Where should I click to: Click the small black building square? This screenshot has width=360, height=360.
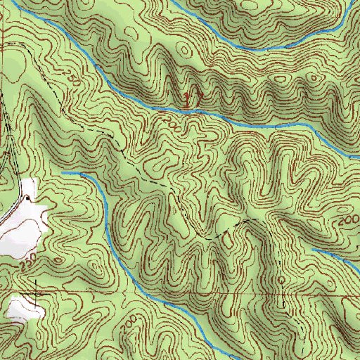coord(27,198)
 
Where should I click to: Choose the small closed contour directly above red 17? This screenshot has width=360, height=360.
coord(185,51)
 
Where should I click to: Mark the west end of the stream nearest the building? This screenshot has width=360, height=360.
coord(63,172)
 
